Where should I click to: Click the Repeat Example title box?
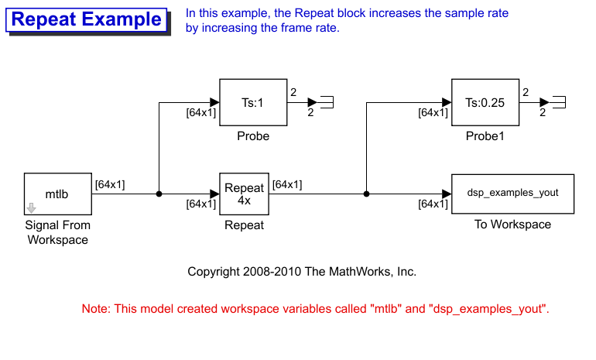[x=87, y=20]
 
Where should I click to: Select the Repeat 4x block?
[x=245, y=194]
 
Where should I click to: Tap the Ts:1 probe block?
[x=253, y=102]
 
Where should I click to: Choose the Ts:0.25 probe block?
[x=485, y=102]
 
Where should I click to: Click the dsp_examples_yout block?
[x=512, y=194]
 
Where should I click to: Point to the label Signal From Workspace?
[x=58, y=232]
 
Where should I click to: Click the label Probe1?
[x=485, y=136]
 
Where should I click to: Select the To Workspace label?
[x=512, y=225]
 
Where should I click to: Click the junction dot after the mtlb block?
[x=159, y=194]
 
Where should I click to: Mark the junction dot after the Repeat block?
[x=366, y=194]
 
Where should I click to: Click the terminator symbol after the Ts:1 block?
[x=327, y=102]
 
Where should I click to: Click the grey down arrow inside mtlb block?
[x=31, y=207]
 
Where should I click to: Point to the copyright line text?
[x=302, y=272]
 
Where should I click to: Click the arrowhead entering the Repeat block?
[x=214, y=194]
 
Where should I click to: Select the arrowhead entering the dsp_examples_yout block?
[x=446, y=194]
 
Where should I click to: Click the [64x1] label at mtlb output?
[x=110, y=184]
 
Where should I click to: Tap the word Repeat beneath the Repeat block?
[x=244, y=225]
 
